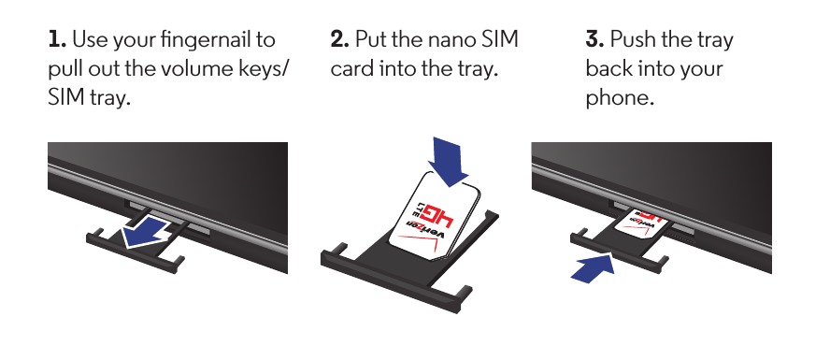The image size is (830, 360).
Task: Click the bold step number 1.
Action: pos(57,39)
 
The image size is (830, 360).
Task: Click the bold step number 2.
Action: pos(340,39)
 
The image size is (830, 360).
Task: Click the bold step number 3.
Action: pos(595,39)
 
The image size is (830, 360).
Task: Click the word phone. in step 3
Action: pos(620,98)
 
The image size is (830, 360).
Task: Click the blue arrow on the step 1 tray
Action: pos(147,231)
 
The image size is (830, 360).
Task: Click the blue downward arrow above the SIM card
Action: pos(449,161)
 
